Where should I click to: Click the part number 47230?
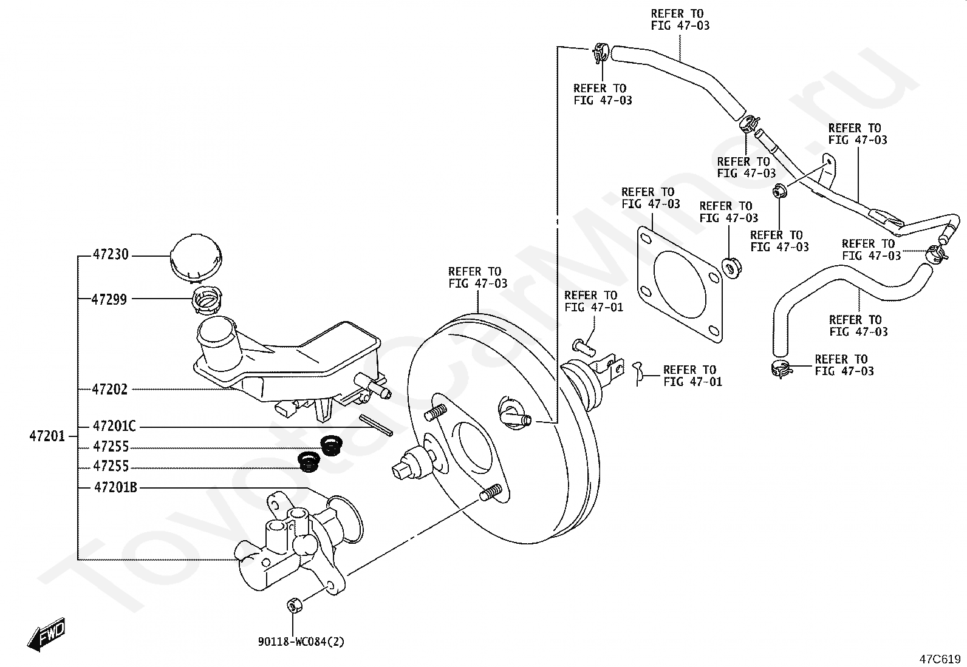pyautogui.click(x=111, y=254)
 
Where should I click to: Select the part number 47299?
pyautogui.click(x=109, y=299)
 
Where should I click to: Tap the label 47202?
pyautogui.click(x=110, y=390)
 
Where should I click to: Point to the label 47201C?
pyautogui.click(x=114, y=426)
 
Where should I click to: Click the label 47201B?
pyautogui.click(x=115, y=487)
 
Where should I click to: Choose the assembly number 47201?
pyautogui.click(x=47, y=436)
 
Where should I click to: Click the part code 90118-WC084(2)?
pyautogui.click(x=301, y=642)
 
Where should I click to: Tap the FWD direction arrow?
pyautogui.click(x=46, y=634)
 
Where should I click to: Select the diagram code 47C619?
pyautogui.click(x=940, y=659)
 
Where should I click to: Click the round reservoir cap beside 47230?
pyautogui.click(x=196, y=257)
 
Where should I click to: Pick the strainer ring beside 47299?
pyautogui.click(x=207, y=298)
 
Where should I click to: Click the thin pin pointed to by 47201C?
pyautogui.click(x=376, y=425)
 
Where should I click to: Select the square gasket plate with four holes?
pyautogui.click(x=680, y=285)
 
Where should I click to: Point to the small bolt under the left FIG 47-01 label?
pyautogui.click(x=584, y=347)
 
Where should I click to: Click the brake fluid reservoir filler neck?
pyautogui.click(x=217, y=342)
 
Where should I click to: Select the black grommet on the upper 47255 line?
pyautogui.click(x=332, y=445)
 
